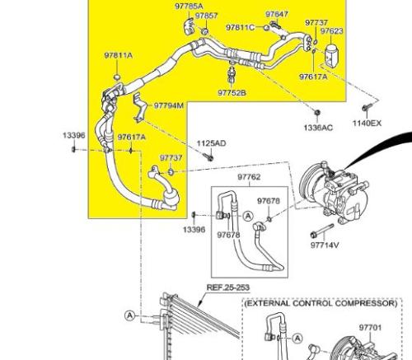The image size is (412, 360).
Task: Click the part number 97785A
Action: [x=190, y=6]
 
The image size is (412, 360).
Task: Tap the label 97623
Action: [x=332, y=31]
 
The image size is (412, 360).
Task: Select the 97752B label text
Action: [x=232, y=92]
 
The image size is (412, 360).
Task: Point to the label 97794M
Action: [x=169, y=105]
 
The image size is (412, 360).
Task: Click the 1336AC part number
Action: [x=318, y=128]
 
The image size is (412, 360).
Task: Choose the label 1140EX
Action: [x=368, y=123]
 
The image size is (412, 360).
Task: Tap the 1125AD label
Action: [x=211, y=143]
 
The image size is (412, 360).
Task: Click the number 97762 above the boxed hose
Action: [x=249, y=177]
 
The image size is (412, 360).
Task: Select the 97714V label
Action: [x=325, y=245]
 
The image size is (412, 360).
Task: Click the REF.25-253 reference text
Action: [x=228, y=288]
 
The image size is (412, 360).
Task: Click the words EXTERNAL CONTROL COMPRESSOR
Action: [x=321, y=303]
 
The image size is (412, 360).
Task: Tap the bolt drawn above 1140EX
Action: [x=367, y=107]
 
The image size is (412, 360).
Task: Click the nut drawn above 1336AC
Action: [x=317, y=112]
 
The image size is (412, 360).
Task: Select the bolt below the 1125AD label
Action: [x=209, y=157]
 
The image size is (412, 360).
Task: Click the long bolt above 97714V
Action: [x=322, y=231]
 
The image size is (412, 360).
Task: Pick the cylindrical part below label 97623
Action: [x=332, y=54]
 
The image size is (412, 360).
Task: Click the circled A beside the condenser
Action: [x=130, y=316]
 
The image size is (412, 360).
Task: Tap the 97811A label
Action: [x=119, y=55]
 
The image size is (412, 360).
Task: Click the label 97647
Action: [x=277, y=14]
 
